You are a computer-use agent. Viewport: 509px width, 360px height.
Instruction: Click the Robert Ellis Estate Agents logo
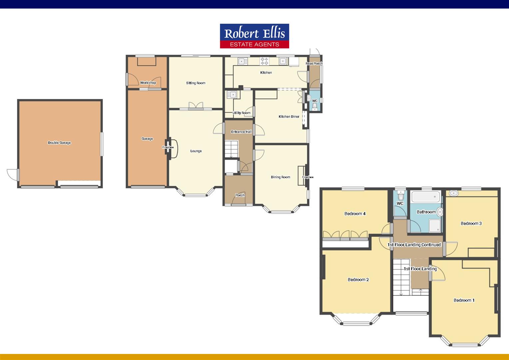254,36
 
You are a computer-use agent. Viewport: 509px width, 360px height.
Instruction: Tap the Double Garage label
59,143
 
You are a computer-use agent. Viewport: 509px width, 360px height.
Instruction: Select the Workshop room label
148,83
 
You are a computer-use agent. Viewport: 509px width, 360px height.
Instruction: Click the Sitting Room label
196,83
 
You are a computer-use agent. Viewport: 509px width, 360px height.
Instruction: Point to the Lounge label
196,151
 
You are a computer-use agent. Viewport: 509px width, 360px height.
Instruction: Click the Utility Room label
242,113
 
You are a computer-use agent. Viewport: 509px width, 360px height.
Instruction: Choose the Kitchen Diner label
289,117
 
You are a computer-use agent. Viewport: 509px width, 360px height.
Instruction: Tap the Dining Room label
280,177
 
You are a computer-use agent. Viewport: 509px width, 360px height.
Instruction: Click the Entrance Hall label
242,132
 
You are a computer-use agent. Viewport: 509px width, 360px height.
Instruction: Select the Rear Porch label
314,63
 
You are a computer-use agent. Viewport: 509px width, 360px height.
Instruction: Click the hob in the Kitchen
264,61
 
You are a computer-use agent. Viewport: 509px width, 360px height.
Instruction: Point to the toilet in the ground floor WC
315,106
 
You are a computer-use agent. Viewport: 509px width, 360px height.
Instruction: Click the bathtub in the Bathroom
426,196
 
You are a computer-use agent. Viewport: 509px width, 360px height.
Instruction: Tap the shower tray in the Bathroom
435,225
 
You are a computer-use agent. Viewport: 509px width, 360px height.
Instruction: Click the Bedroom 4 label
355,214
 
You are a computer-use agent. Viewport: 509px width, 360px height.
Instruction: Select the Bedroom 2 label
358,280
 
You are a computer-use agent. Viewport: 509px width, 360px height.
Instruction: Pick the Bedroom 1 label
464,300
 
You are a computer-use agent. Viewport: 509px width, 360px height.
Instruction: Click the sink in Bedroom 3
453,193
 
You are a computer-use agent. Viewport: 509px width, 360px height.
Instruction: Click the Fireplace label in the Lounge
168,147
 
